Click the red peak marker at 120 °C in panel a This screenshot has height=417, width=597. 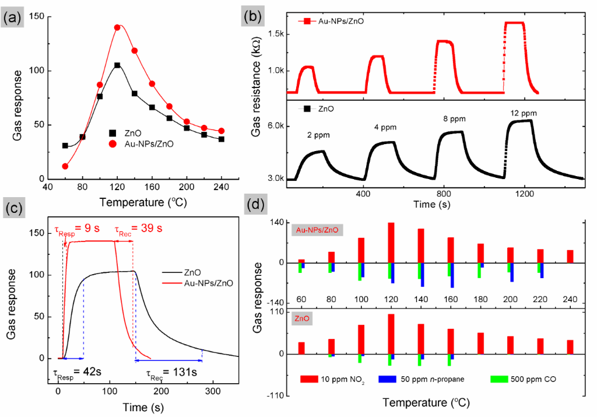coord(117,27)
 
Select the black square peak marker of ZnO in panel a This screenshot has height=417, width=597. coord(117,65)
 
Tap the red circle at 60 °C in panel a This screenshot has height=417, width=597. coord(65,166)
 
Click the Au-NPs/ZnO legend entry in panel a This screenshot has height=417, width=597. coord(147,143)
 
